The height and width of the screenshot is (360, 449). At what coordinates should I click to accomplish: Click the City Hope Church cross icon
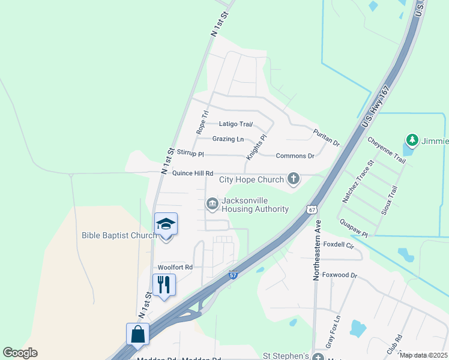pyautogui.click(x=293, y=179)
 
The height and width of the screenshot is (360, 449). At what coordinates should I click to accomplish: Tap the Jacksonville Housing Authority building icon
pyautogui.click(x=212, y=204)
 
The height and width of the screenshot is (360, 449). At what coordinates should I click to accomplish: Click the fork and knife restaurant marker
pyautogui.click(x=164, y=284)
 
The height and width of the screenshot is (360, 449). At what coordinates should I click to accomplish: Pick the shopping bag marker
pyautogui.click(x=137, y=334)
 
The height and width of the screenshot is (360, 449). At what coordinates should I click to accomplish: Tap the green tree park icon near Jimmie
pyautogui.click(x=412, y=140)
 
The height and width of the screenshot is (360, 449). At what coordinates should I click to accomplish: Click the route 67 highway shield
pyautogui.click(x=310, y=209)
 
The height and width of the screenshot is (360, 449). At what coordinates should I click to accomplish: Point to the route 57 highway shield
pyautogui.click(x=234, y=275)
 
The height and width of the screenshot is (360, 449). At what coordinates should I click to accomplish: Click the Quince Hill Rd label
pyautogui.click(x=193, y=173)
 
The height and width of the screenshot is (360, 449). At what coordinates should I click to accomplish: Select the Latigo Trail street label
pyautogui.click(x=236, y=124)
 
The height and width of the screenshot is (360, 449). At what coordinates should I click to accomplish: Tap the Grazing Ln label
pyautogui.click(x=228, y=139)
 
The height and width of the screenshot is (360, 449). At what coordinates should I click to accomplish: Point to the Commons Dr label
pyautogui.click(x=295, y=156)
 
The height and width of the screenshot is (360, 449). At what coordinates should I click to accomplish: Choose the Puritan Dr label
pyautogui.click(x=327, y=137)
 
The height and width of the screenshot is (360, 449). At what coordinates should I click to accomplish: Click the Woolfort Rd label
pyautogui.click(x=175, y=267)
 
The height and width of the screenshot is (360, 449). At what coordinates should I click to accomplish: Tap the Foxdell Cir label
pyautogui.click(x=339, y=245)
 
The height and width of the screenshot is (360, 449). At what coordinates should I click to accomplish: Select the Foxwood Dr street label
pyautogui.click(x=340, y=275)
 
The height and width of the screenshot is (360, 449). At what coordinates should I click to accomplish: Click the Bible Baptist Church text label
pyautogui.click(x=119, y=235)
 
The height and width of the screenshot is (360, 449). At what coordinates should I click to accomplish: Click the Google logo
pyautogui.click(x=20, y=353)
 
